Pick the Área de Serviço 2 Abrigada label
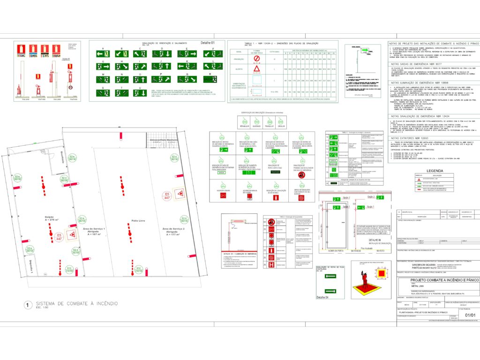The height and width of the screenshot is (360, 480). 174,231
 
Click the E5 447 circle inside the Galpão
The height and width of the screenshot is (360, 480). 59,237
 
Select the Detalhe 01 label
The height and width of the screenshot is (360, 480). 207,43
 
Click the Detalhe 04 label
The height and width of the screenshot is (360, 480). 322,297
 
